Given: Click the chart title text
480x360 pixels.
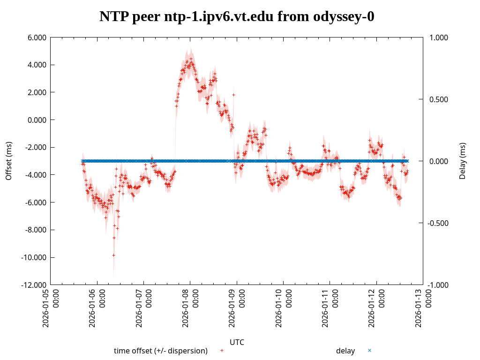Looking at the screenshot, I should click(237, 17).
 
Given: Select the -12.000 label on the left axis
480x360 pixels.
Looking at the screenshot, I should click(34, 285).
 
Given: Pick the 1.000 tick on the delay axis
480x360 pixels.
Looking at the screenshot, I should click(438, 37).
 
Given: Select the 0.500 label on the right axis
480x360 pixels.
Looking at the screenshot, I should click(438, 99).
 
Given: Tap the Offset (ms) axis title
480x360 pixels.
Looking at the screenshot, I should click(8, 161).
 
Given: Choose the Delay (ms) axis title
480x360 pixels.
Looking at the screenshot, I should click(463, 161).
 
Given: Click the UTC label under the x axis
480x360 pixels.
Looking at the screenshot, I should click(237, 342).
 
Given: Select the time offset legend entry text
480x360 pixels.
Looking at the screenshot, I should click(161, 351).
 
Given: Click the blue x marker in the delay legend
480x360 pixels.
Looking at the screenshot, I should click(369, 350).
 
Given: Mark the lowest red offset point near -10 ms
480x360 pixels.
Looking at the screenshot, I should click(113, 255).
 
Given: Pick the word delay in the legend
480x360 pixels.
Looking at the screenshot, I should click(345, 351).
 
